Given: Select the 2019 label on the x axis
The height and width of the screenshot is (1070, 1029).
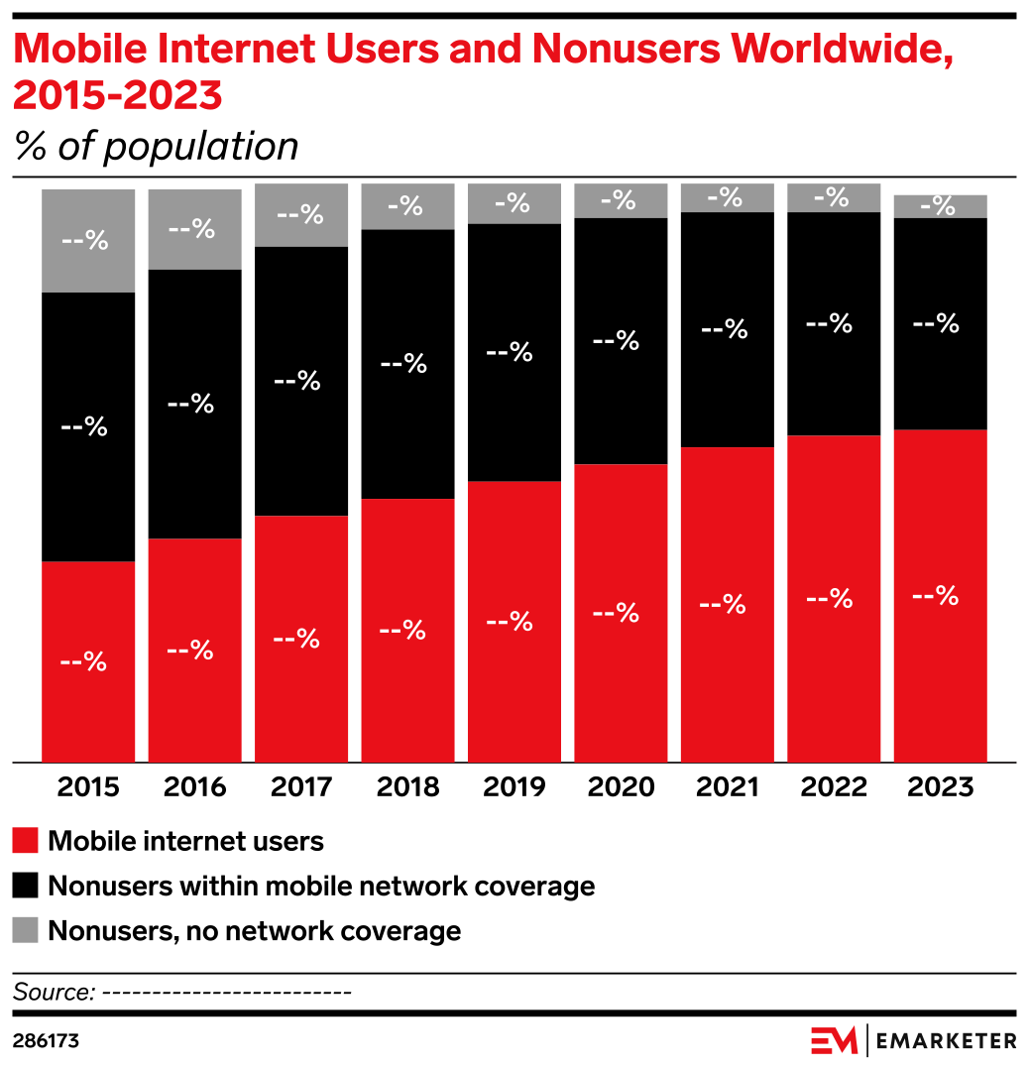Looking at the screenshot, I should [514, 787].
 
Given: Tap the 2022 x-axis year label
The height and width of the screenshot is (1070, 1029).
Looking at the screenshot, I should [834, 787].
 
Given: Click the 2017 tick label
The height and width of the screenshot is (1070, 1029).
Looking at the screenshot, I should [301, 787].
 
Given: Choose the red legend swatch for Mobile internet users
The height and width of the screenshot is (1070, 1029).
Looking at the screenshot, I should [26, 842].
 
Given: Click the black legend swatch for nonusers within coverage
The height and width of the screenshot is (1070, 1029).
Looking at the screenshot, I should [26, 886].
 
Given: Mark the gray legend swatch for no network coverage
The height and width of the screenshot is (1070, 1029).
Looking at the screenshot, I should [26, 931].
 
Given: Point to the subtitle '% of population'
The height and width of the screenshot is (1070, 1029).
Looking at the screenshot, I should [156, 147].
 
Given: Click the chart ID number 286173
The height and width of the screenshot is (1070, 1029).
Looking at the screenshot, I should [46, 1042].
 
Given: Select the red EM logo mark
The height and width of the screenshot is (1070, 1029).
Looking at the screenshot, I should [834, 1040].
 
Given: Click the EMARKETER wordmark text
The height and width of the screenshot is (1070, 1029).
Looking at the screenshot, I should [947, 1040].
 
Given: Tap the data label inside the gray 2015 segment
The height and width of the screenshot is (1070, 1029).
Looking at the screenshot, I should [84, 240].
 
